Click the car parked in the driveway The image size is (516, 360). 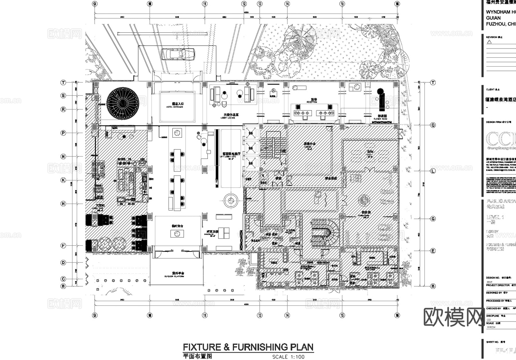pos(178,54)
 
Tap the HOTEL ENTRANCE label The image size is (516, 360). pos(175,107)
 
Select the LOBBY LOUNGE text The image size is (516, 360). pos(228,118)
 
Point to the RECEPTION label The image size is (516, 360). pos(312,102)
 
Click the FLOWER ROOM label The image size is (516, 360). pos(380,119)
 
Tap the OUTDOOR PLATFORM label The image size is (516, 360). pos(174,277)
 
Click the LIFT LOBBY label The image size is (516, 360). pos(228,157)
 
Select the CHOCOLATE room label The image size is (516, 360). pos(212,234)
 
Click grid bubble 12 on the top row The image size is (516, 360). pos(244,4)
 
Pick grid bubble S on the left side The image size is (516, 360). pos(63,96)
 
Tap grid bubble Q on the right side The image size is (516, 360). pos(433,125)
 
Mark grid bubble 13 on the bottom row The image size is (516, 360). pos(260,315)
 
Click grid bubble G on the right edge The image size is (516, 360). pos(433,219)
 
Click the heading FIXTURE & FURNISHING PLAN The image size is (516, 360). pos(248,347)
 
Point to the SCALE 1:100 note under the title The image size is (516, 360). pos(288,357)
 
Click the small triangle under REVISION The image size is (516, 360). pos(489,42)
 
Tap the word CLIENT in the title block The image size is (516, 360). pos(490,89)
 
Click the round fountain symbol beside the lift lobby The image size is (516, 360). pos(231,200)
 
